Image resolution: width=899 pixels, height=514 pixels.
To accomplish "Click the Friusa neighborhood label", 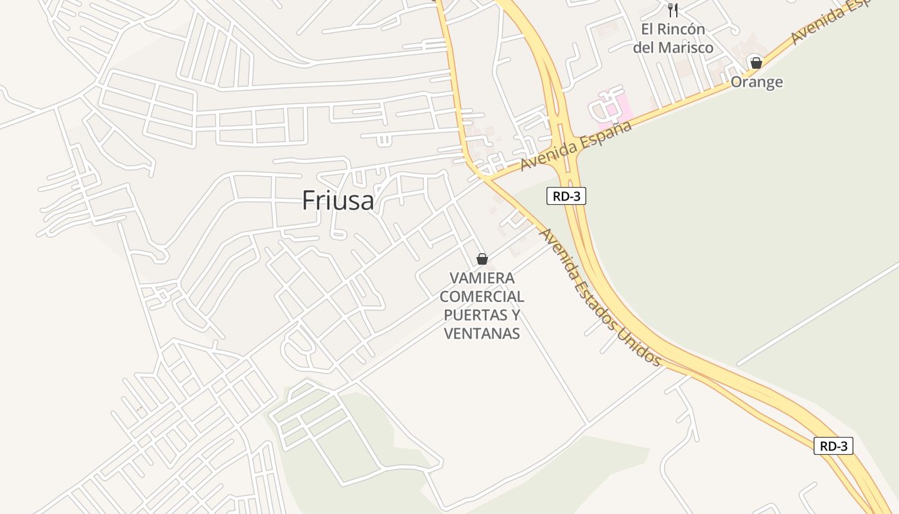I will point(338,200).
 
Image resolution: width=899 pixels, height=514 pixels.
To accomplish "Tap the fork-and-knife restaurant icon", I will point(672,10).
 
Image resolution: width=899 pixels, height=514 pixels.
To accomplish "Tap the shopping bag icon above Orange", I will point(756,63).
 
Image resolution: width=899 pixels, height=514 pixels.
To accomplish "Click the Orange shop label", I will point(756,82).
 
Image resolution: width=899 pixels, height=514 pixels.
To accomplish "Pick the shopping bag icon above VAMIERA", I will point(482,259).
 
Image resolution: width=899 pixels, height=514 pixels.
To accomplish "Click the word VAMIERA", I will point(482,278).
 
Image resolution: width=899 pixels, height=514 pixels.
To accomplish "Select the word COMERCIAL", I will point(482,297).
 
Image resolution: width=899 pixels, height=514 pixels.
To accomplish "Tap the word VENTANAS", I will point(482,333).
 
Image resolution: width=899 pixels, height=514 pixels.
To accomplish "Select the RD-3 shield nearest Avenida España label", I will point(566,196).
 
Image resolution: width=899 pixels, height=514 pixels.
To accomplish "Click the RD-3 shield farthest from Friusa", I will point(833,446).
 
